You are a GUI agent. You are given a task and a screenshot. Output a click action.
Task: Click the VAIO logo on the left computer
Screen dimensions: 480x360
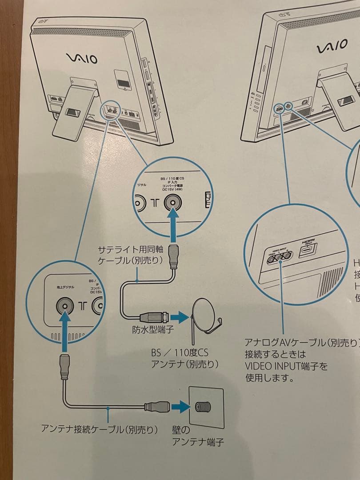(x=82, y=58)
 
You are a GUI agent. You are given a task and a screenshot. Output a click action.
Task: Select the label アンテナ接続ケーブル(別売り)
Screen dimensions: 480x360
(x=100, y=429)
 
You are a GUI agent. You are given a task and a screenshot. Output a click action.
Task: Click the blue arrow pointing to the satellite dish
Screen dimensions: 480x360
(x=180, y=317)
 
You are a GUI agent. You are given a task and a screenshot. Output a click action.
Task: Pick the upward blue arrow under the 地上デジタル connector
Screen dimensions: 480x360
(x=64, y=326)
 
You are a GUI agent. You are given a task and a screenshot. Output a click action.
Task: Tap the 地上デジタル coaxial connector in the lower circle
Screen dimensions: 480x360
(x=64, y=306)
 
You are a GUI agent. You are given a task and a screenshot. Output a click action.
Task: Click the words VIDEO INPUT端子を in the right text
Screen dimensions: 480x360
(x=286, y=367)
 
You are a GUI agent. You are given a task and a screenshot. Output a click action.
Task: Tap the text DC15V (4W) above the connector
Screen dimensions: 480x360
(x=172, y=190)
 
